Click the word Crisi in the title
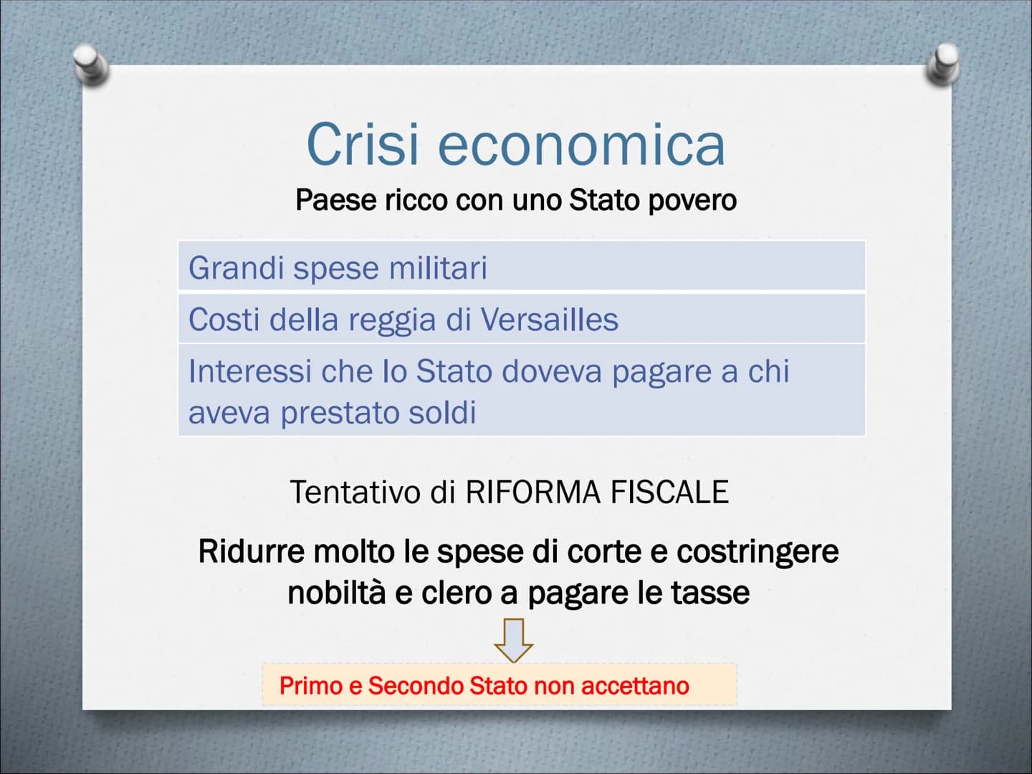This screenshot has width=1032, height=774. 362,144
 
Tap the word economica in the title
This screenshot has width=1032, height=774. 582,145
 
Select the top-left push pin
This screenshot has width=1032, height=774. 91,64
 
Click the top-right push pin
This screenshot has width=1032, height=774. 943,64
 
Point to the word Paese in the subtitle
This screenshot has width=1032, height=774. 336,200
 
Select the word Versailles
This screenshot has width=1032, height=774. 549,320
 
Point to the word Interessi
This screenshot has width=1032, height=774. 251,371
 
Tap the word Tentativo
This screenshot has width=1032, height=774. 355,492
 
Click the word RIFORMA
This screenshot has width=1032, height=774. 532,492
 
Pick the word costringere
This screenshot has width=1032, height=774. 758,552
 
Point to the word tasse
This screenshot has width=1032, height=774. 710,593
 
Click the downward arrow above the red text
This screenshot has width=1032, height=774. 513,640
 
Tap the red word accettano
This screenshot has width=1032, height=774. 635,686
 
